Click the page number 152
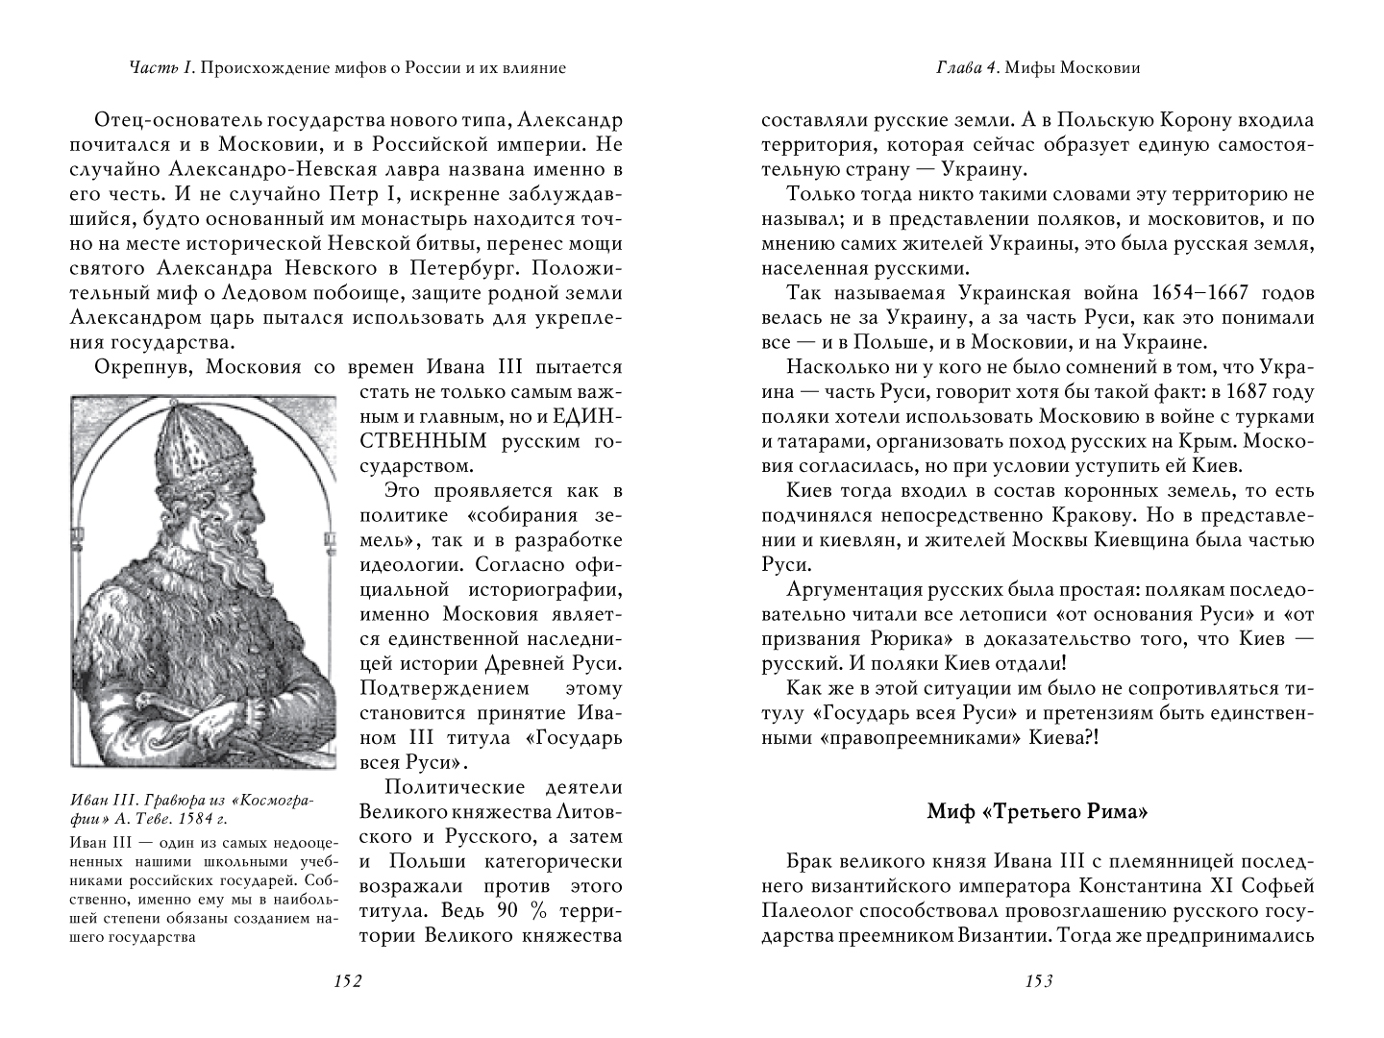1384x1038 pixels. [x=345, y=981]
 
